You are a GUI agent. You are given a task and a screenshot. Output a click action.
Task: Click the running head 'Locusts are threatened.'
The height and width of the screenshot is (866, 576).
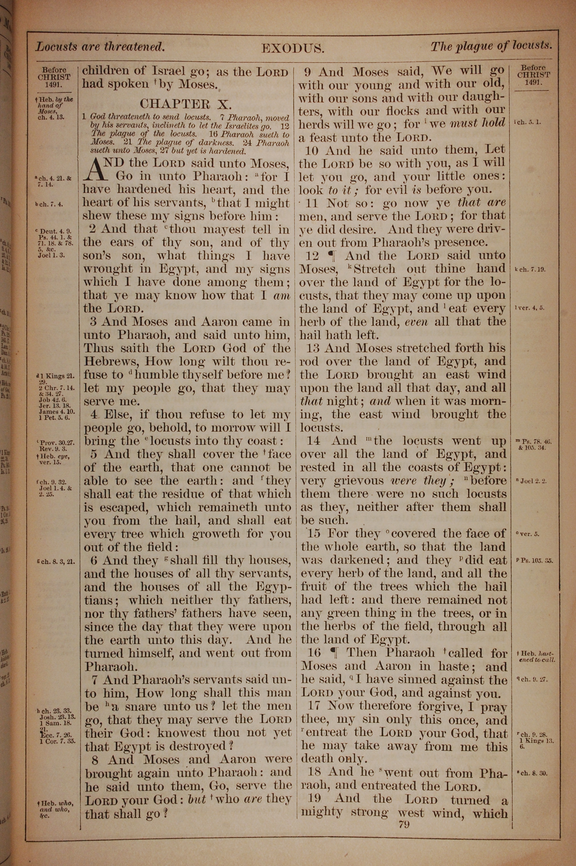(x=100, y=47)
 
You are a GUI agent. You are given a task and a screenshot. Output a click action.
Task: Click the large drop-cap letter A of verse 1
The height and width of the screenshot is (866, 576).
(x=96, y=169)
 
